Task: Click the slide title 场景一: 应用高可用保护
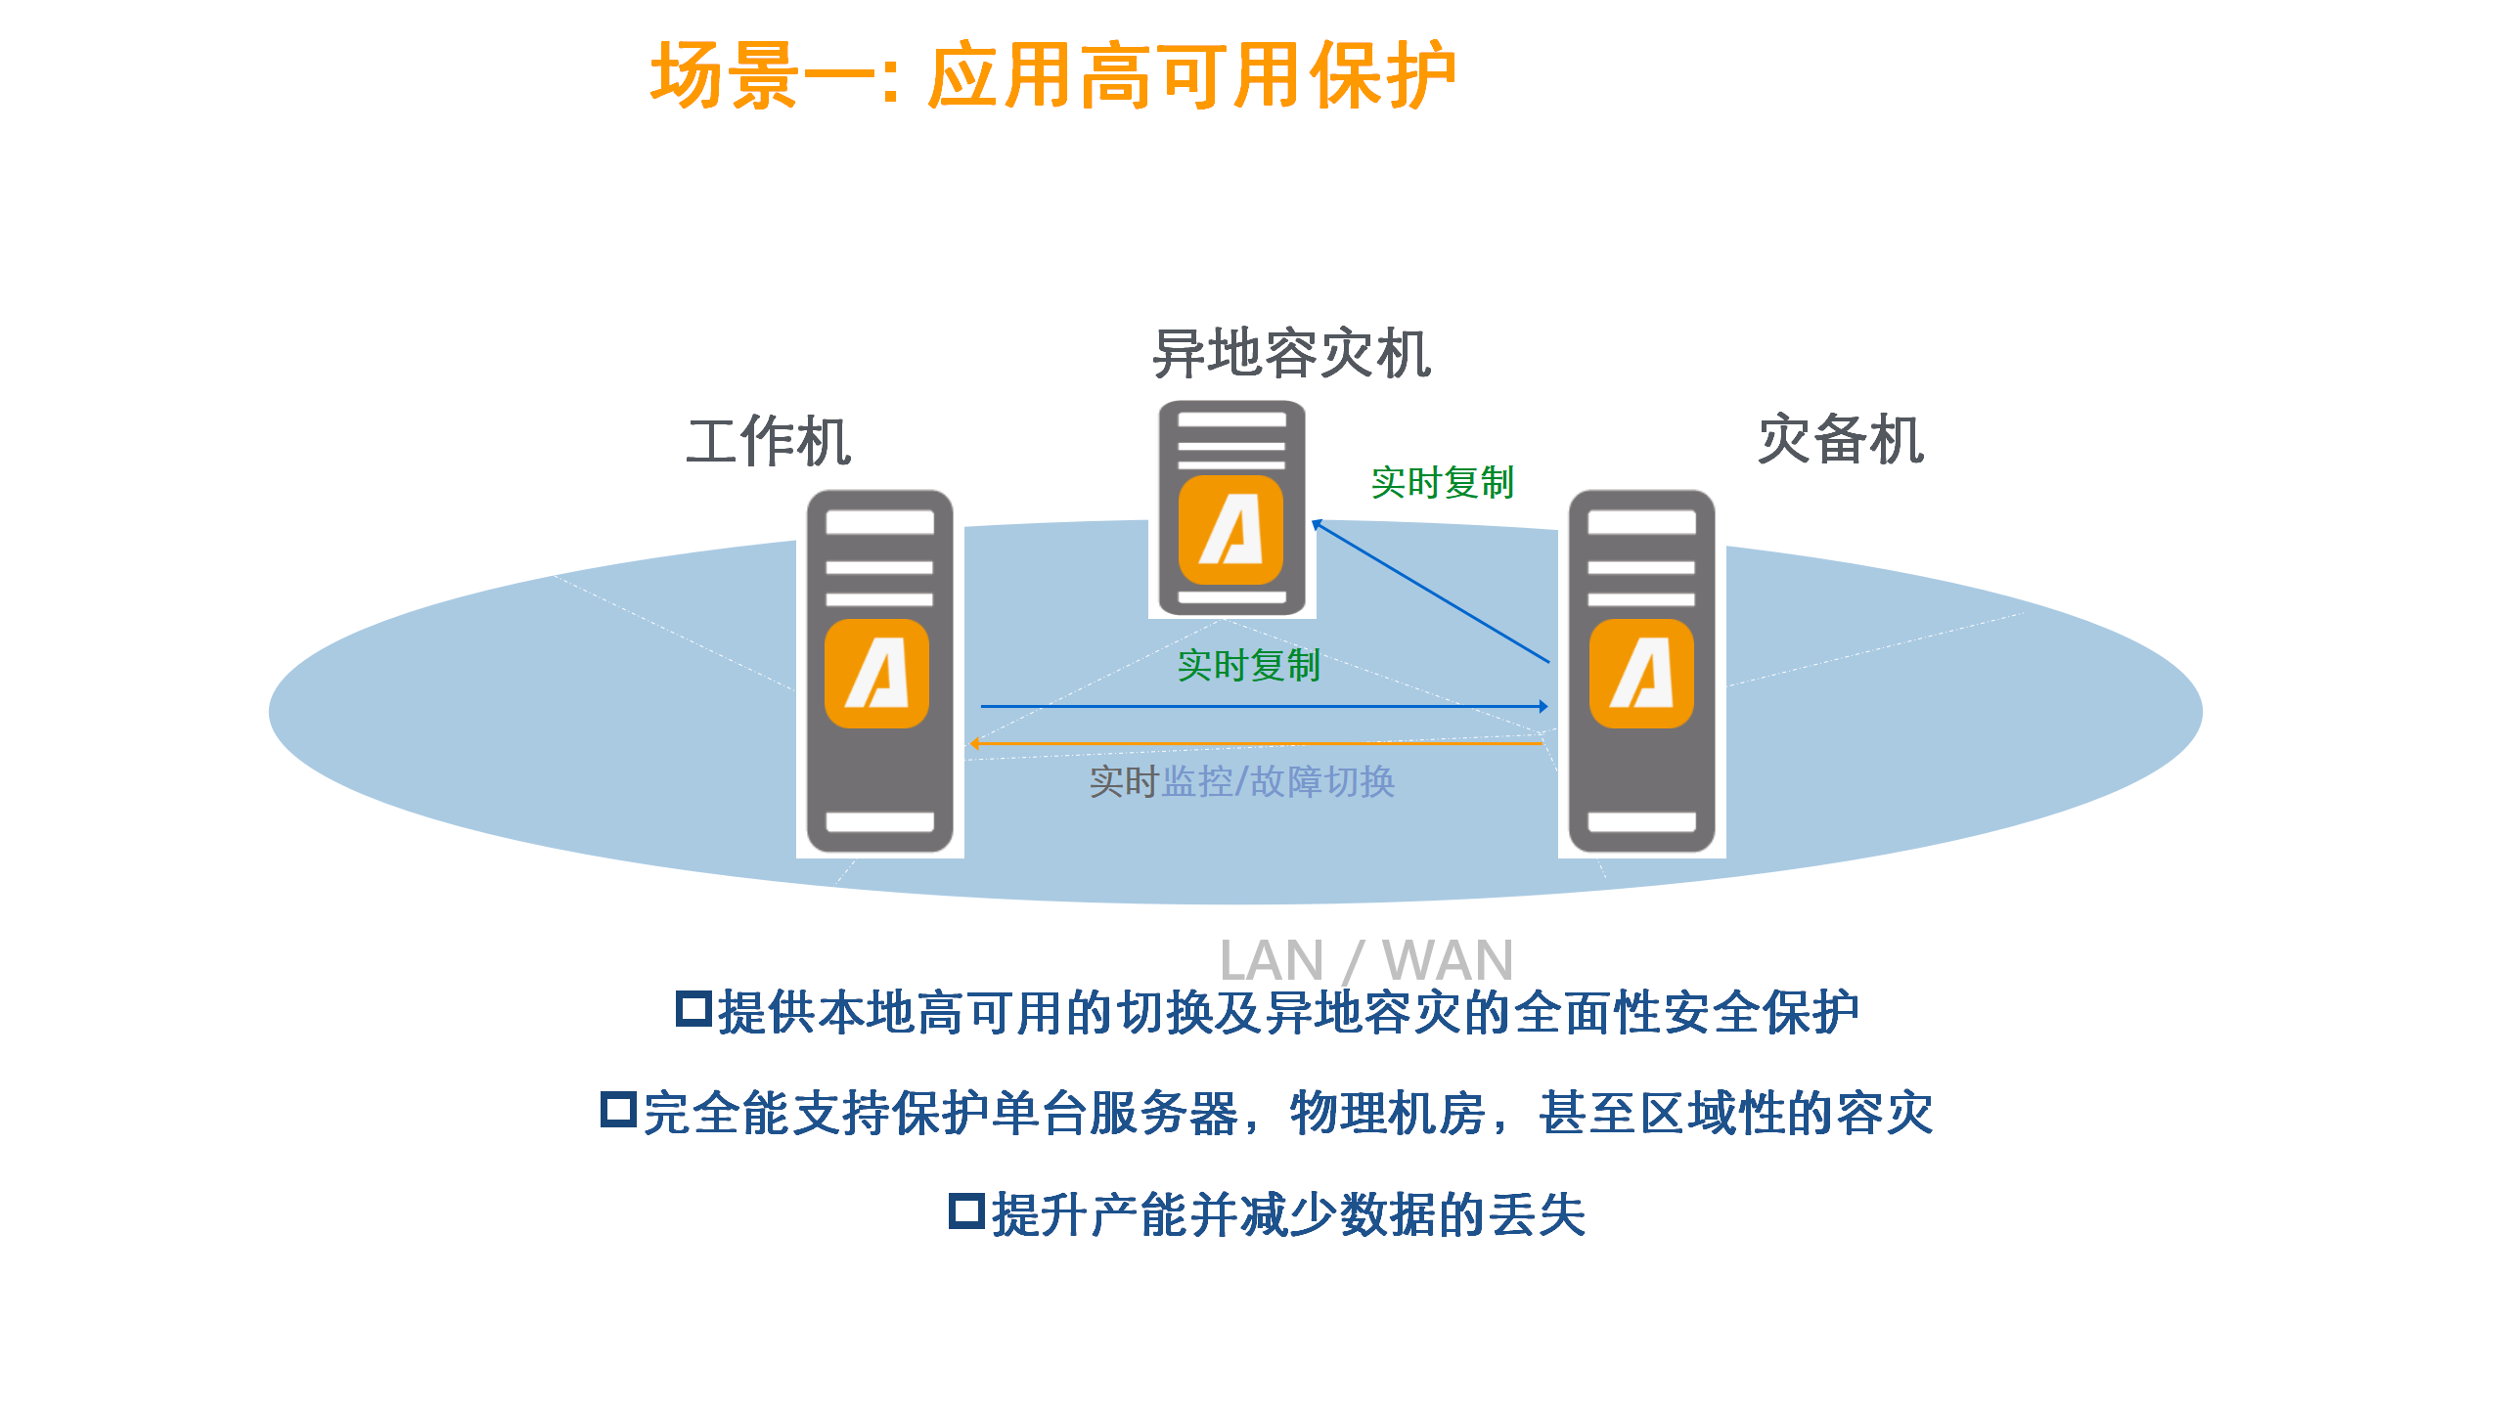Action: point(1052,76)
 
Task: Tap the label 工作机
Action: point(769,442)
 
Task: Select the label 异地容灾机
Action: point(1291,354)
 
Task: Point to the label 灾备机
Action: point(1841,440)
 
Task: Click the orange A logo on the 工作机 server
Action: point(876,674)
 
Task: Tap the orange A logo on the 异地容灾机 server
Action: point(1230,530)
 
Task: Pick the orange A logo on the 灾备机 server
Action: point(1641,674)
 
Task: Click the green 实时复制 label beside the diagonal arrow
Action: point(1442,483)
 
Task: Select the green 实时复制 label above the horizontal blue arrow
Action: point(1248,666)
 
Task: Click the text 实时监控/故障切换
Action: point(1242,782)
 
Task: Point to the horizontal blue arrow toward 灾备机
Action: point(1262,706)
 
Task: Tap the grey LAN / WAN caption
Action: point(1365,960)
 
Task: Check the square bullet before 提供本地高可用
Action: point(693,1009)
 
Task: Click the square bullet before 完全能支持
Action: point(618,1110)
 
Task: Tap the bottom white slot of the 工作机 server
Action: point(879,821)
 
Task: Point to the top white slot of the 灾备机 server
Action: point(1641,522)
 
